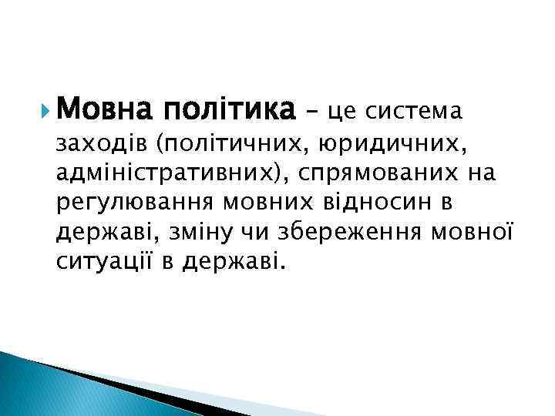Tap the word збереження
(x=358, y=233)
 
